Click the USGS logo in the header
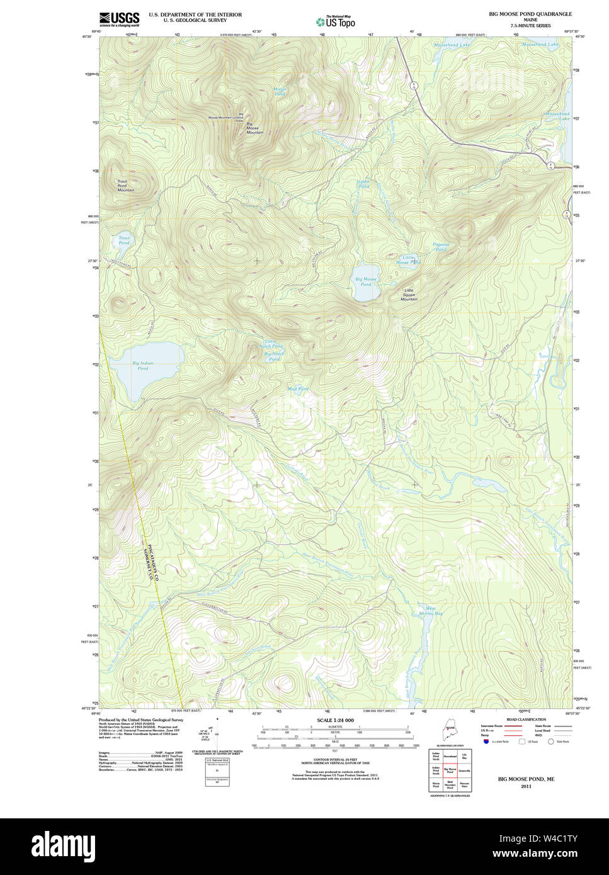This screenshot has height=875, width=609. [119, 18]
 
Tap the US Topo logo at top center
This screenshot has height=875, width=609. [336, 21]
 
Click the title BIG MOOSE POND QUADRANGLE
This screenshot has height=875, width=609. [530, 14]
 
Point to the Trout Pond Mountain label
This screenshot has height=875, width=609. [125, 185]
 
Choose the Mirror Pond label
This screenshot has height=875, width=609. [280, 91]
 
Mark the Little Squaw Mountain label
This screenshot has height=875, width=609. [409, 295]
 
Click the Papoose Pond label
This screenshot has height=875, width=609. [441, 247]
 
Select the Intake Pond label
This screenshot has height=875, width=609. [363, 184]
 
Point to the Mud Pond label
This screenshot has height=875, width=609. [298, 389]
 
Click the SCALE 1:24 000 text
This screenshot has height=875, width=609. [335, 720]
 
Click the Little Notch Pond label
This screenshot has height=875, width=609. [273, 344]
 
